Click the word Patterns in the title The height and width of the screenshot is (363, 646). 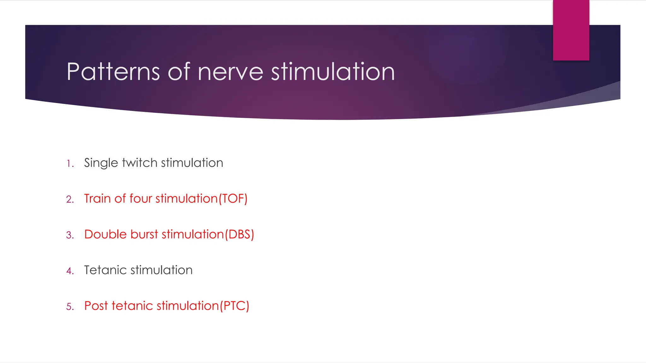click(113, 72)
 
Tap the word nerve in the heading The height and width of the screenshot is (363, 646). click(230, 72)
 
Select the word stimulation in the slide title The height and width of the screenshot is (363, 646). click(333, 72)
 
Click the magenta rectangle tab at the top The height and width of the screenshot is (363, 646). click(571, 30)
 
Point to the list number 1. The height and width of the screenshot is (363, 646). click(70, 164)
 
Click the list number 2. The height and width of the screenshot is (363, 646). click(70, 199)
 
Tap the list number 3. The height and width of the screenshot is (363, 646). click(70, 235)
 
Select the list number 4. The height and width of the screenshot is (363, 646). click(70, 271)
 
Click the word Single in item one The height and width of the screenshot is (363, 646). click(101, 163)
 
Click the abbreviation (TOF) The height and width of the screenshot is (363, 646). click(233, 199)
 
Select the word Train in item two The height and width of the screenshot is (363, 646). click(97, 199)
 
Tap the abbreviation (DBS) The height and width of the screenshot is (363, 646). click(239, 235)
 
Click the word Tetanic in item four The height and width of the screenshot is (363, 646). click(105, 270)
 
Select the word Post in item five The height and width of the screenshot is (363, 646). click(96, 306)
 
